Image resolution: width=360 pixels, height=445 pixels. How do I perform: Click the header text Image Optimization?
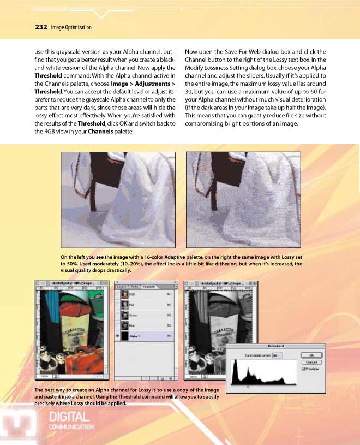71,27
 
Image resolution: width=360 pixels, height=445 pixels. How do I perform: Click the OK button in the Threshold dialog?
311,354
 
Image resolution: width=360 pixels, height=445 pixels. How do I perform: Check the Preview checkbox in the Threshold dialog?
304,369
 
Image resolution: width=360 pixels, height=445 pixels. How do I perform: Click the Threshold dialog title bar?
275,346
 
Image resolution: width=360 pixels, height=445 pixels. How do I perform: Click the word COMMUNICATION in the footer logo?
71,427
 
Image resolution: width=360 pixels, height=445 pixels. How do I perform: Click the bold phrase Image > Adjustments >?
143,84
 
